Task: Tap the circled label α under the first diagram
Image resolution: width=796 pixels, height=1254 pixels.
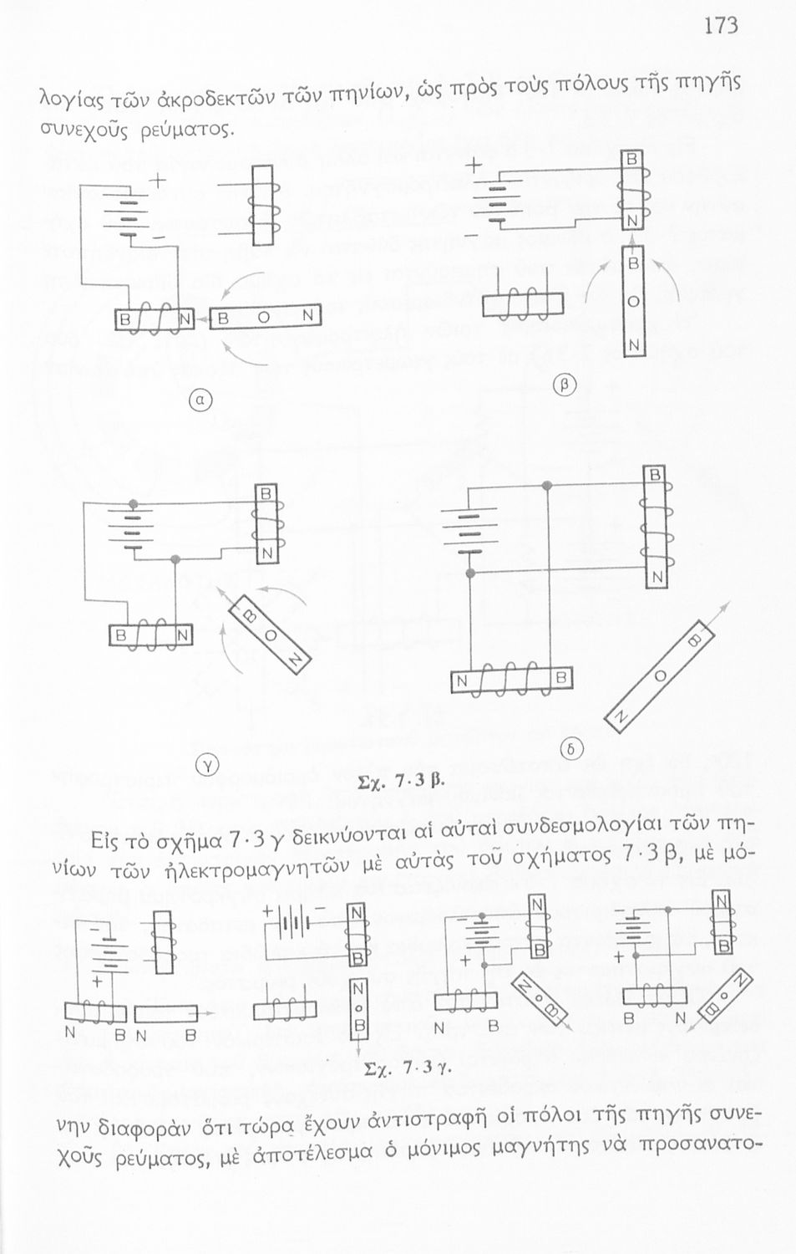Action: [202, 400]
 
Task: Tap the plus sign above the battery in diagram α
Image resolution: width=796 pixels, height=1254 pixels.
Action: [156, 181]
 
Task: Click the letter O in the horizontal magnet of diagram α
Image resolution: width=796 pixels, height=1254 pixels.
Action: [263, 318]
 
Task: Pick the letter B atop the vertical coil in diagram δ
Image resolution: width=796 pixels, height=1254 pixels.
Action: [656, 477]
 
